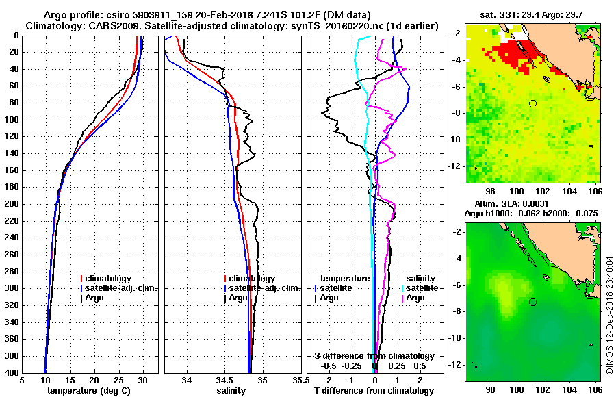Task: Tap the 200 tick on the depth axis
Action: pos(12,204)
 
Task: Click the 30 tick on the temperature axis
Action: pos(143,381)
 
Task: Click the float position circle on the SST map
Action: pos(533,103)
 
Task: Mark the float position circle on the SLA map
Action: pos(533,302)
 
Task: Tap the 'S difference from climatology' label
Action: pos(374,356)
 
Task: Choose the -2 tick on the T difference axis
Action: pos(327,381)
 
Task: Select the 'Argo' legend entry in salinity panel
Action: pos(239,298)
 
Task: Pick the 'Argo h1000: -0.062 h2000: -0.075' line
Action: pos(531,213)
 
